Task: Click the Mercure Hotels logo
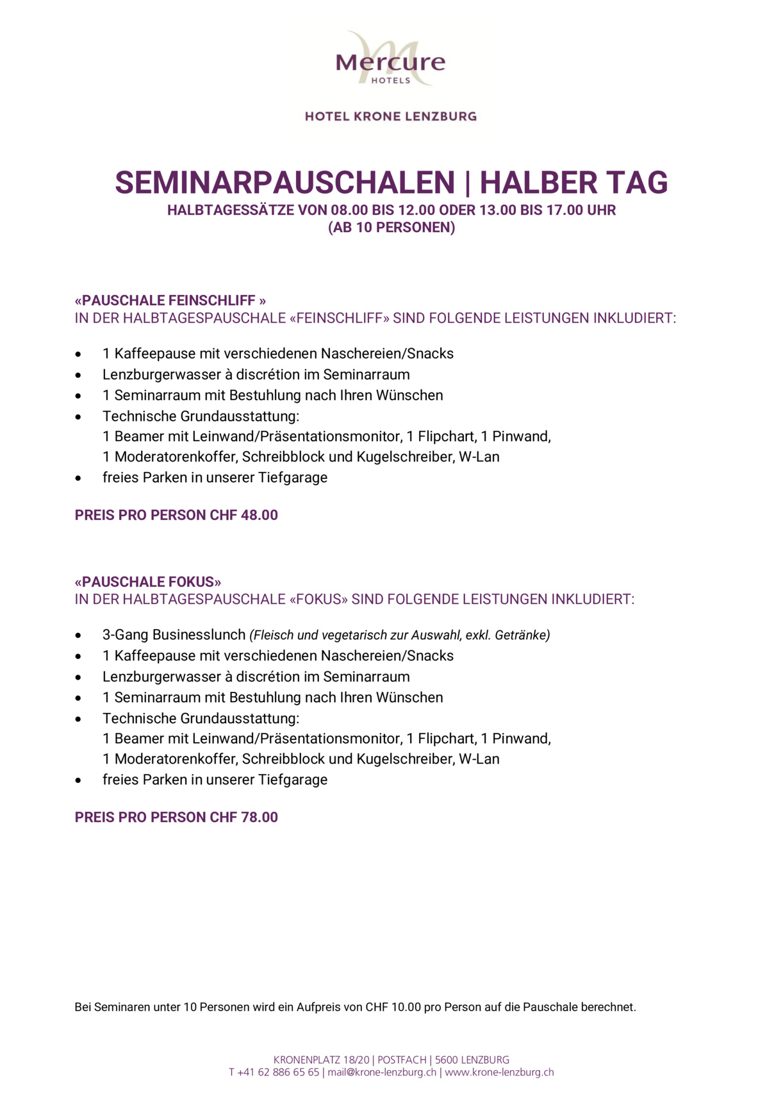[390, 60]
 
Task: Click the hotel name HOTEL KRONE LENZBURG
[390, 117]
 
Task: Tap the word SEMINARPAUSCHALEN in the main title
[284, 183]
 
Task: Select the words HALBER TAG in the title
[573, 183]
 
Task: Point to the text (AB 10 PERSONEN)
[391, 228]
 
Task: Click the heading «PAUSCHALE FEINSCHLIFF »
[170, 301]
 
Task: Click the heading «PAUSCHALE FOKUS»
[148, 582]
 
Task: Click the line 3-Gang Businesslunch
[174, 635]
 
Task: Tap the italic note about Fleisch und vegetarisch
[400, 635]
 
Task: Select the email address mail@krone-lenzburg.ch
[382, 1072]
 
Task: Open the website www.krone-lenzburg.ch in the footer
[499, 1072]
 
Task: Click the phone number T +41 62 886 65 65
[274, 1072]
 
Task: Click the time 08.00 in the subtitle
[350, 210]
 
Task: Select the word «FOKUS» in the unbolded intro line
[318, 600]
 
